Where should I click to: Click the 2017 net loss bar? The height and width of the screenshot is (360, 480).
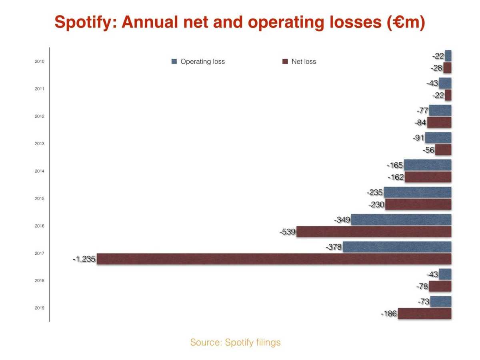coord(274,259)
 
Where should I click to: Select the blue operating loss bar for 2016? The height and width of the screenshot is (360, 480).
coord(401,220)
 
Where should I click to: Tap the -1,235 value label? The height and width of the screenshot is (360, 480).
coord(84,259)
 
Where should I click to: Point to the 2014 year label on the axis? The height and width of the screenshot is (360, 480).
coord(40,171)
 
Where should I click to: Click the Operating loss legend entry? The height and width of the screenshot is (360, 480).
coord(198,62)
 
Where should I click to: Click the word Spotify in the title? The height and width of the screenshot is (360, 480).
coord(85,22)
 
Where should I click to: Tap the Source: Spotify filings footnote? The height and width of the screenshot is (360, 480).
coord(235,342)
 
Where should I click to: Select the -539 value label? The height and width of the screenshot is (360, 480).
coord(287,232)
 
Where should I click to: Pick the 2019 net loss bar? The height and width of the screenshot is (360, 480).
coord(424,314)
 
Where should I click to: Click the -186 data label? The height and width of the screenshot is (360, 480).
coord(389,314)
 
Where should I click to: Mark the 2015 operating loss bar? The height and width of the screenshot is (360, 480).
coord(418,192)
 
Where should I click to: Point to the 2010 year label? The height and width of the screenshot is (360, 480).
coord(40,62)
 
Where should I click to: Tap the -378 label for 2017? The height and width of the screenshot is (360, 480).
coord(334,247)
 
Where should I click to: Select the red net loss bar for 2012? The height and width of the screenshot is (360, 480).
coord(439,122)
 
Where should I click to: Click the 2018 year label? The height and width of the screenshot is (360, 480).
coord(40,281)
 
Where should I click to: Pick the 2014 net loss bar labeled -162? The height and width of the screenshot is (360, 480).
coord(428,177)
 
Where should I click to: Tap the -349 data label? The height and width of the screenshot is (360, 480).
coord(342,220)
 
